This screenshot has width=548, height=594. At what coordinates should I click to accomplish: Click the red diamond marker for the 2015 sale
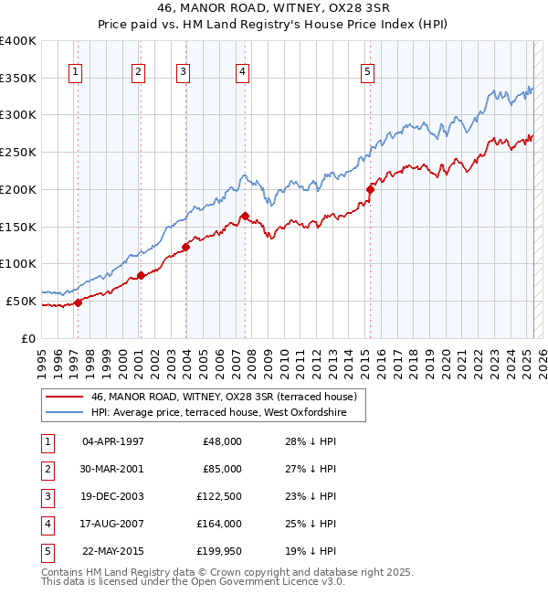point(371,189)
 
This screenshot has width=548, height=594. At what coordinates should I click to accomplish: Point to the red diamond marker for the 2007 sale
point(245,216)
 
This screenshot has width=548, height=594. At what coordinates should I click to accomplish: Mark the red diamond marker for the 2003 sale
point(185,247)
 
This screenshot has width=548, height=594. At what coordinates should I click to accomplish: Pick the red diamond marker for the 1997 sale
point(78,302)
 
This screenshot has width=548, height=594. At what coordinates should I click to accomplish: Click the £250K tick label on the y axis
point(19,152)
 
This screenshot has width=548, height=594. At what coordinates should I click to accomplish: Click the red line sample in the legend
point(63,397)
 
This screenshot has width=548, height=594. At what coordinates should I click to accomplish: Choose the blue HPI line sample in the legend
point(63,412)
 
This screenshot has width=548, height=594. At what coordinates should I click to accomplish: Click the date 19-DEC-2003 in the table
point(112,495)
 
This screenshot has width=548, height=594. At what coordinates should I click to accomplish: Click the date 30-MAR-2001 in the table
point(112,468)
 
